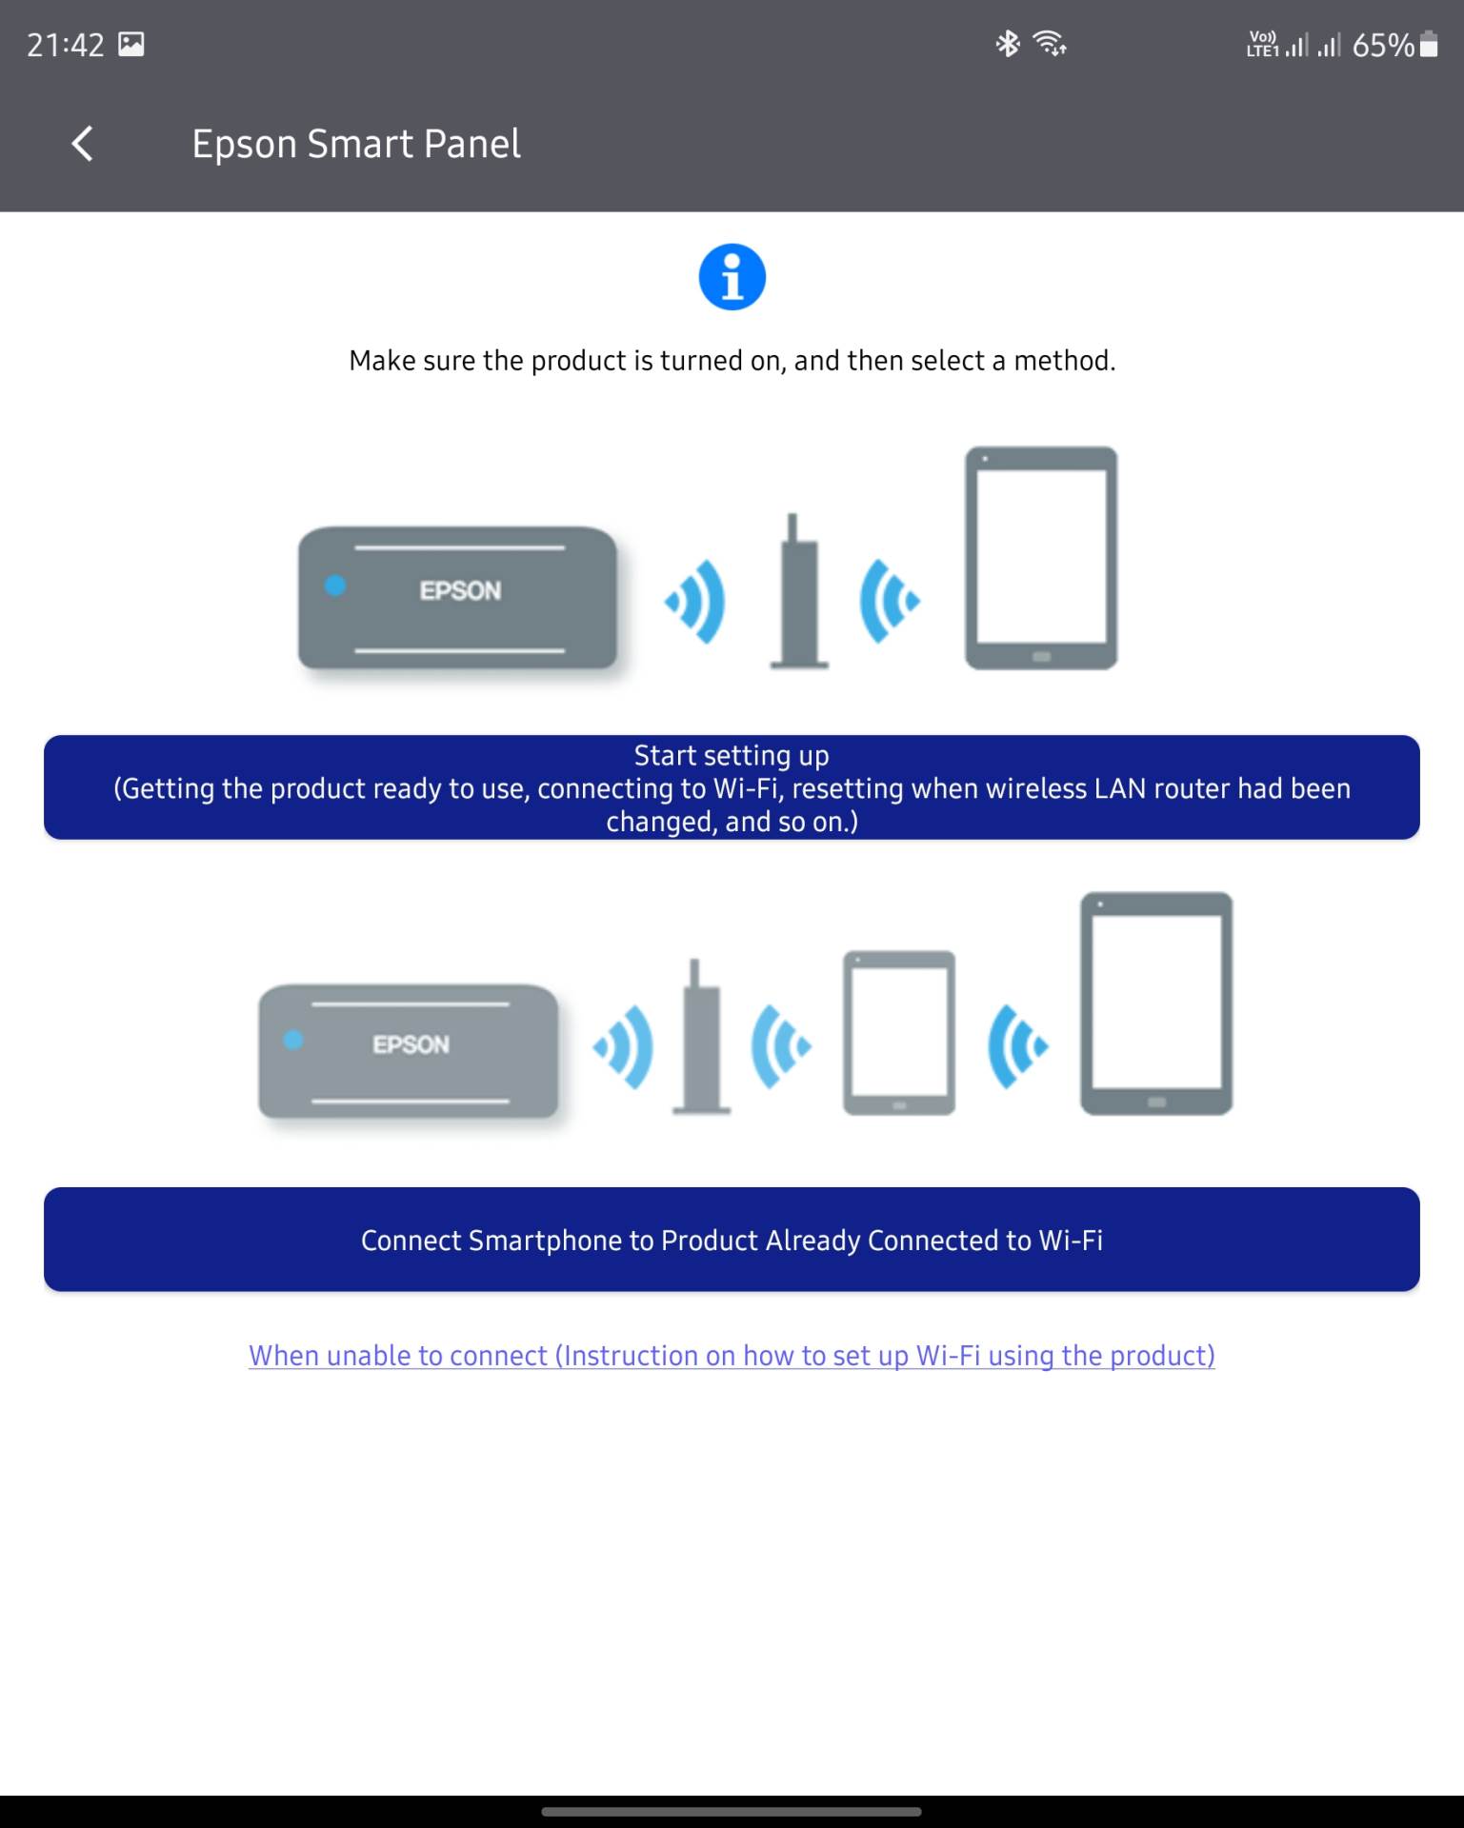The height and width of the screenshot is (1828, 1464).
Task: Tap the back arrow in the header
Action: [x=83, y=144]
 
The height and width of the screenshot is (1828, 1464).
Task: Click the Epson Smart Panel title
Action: [x=355, y=144]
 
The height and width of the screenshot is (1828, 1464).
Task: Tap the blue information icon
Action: [x=732, y=277]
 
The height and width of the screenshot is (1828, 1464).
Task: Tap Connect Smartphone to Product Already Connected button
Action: [x=732, y=1239]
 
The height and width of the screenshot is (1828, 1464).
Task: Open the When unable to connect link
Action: [x=732, y=1355]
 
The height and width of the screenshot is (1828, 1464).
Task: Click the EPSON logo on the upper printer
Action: [x=460, y=590]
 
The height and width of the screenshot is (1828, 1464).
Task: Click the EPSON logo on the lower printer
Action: [x=411, y=1044]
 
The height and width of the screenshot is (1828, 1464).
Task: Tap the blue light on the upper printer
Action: [x=335, y=586]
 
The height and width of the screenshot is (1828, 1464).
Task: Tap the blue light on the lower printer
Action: [x=293, y=1041]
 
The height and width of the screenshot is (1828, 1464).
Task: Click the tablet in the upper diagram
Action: [x=1041, y=558]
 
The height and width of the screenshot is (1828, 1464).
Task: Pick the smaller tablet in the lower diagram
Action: [x=898, y=1032]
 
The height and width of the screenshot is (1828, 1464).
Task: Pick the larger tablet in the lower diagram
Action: [x=1155, y=1003]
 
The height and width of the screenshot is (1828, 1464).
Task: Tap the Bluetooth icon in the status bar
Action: [x=1007, y=44]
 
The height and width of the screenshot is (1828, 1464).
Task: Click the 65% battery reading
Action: [x=1382, y=45]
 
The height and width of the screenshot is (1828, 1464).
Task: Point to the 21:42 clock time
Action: [x=65, y=45]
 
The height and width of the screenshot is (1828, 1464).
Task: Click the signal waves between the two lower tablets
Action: [x=1017, y=1046]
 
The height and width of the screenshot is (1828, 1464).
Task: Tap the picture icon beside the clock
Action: [x=131, y=44]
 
